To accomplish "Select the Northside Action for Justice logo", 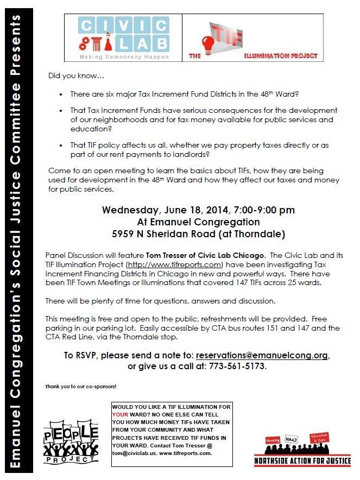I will point(302,450).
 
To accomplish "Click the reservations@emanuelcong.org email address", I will point(262,356).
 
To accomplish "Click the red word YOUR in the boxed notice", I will point(122,414).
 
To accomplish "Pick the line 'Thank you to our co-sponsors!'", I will point(81,387).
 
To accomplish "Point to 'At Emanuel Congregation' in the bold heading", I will point(198,222).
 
